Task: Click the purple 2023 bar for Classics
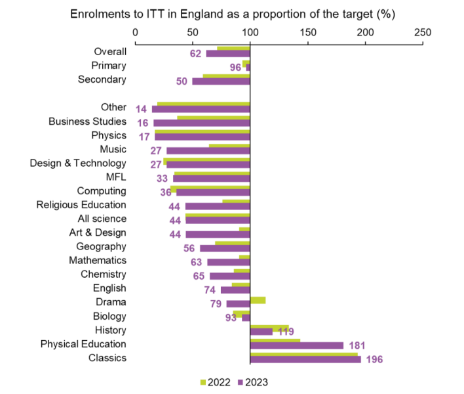305,359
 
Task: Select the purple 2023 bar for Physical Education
297,345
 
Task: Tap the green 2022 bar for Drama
258,300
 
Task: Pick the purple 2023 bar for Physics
202,137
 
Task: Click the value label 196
374,359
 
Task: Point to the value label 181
357,345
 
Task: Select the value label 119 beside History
286,332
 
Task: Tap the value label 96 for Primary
236,68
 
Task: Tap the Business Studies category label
87,121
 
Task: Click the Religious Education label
81,205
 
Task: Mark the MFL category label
115,177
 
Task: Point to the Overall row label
110,52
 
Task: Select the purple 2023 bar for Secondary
221,81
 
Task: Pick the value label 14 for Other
141,109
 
